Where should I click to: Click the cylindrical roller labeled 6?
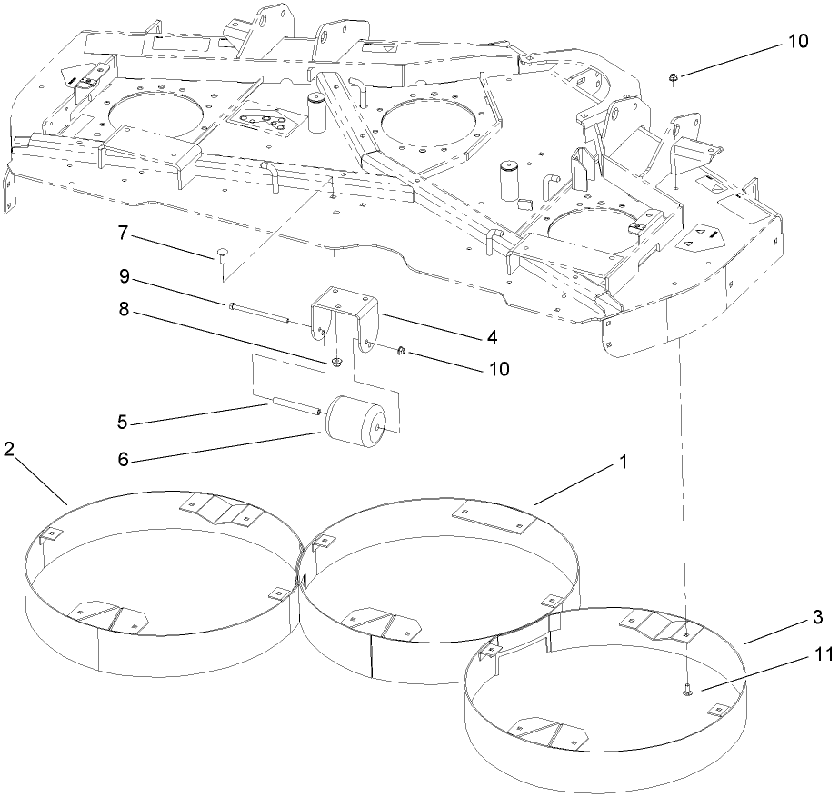pos(356,420)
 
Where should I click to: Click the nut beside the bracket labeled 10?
pos(400,351)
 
